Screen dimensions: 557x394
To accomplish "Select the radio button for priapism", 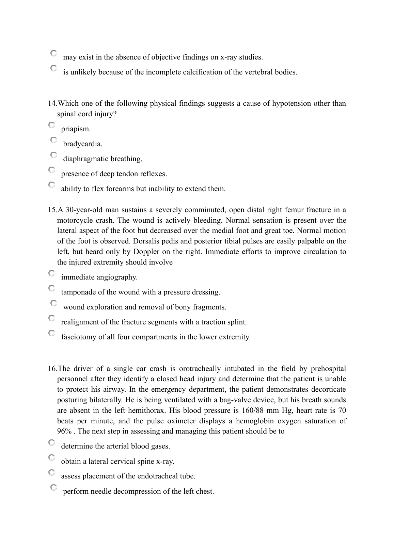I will (51, 125).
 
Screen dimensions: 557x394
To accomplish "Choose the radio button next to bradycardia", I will (54, 140).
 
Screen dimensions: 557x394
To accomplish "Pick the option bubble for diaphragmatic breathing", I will (54, 155).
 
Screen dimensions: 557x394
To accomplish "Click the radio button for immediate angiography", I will (51, 273).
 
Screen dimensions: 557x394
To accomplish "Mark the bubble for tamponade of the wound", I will (51, 288).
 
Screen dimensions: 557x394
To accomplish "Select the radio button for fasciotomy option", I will (51, 333).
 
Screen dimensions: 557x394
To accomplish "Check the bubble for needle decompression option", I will (54, 488).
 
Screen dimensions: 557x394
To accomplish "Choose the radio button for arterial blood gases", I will (51, 443).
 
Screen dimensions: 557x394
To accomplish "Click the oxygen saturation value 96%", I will (64, 432).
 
